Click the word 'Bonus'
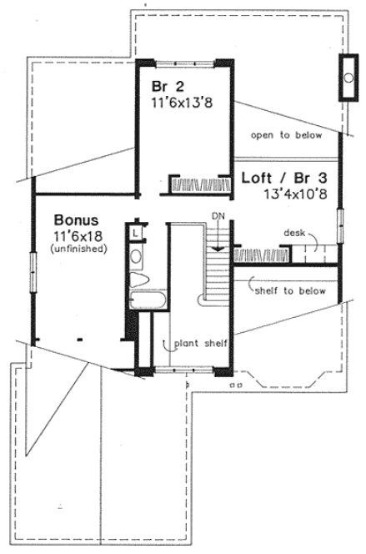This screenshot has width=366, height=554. click(x=77, y=220)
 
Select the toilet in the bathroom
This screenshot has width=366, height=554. click(x=138, y=280)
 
